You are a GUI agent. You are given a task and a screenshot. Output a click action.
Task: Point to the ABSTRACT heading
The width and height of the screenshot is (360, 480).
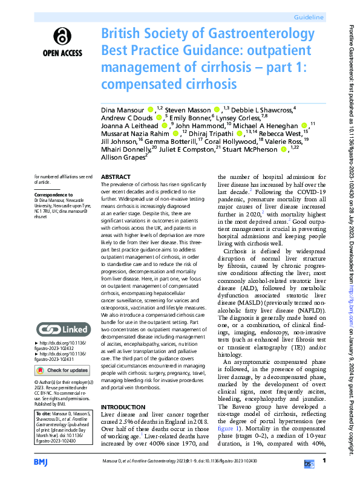click(115, 177)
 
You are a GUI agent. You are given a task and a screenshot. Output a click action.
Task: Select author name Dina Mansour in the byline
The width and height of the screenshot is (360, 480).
click(123, 109)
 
